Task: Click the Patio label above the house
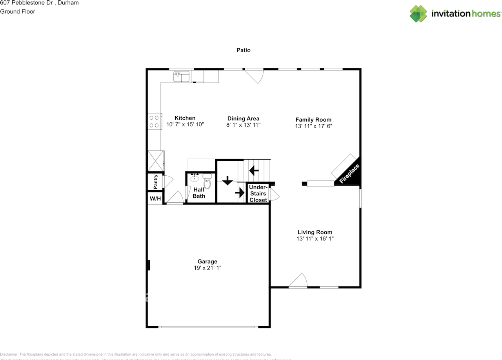(243, 50)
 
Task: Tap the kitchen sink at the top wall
(182, 76)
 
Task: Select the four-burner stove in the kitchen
(154, 121)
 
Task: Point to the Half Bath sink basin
(195, 178)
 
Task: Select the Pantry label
(155, 181)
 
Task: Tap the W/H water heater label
(155, 199)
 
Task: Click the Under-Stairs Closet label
(258, 194)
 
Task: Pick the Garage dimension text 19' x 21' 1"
(207, 268)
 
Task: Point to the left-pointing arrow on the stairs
(254, 171)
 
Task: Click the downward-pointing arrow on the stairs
(227, 181)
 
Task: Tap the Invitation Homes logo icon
(418, 14)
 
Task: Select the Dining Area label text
(243, 118)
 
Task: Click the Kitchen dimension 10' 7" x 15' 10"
(185, 124)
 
